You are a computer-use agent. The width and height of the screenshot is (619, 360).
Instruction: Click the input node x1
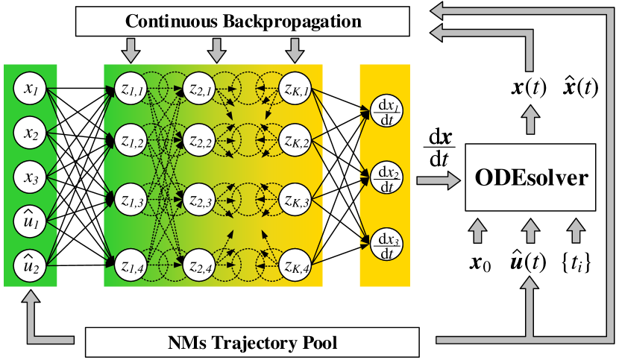(30, 89)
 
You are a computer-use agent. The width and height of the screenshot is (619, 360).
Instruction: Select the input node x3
(30, 177)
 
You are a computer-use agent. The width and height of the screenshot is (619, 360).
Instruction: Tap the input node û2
(30, 265)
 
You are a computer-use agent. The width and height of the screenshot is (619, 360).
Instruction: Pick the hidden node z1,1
(131, 89)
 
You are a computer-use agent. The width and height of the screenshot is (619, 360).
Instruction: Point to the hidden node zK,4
(295, 265)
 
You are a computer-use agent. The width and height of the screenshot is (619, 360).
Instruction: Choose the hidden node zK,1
(295, 89)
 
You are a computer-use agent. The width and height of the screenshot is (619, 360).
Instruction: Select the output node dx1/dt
(386, 111)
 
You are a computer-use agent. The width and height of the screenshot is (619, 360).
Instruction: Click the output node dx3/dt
(386, 244)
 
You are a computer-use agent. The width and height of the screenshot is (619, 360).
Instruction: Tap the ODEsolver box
(530, 177)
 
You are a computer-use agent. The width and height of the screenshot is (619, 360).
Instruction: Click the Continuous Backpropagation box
(242, 21)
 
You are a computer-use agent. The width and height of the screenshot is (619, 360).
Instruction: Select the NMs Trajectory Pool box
(252, 342)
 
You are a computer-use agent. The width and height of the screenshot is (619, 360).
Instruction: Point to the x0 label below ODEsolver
(480, 263)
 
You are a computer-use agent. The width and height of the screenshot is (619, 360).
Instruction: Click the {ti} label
(576, 262)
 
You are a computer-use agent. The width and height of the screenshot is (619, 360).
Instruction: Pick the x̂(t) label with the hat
(580, 87)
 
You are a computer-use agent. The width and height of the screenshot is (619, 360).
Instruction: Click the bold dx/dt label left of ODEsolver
(440, 148)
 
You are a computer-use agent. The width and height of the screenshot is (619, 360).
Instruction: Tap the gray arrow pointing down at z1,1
(131, 51)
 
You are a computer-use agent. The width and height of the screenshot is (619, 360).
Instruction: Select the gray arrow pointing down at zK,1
(295, 51)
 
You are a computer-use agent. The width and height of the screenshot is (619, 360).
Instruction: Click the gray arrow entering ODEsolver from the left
(439, 181)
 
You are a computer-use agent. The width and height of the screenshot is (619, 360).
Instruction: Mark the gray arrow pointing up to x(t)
(530, 120)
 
